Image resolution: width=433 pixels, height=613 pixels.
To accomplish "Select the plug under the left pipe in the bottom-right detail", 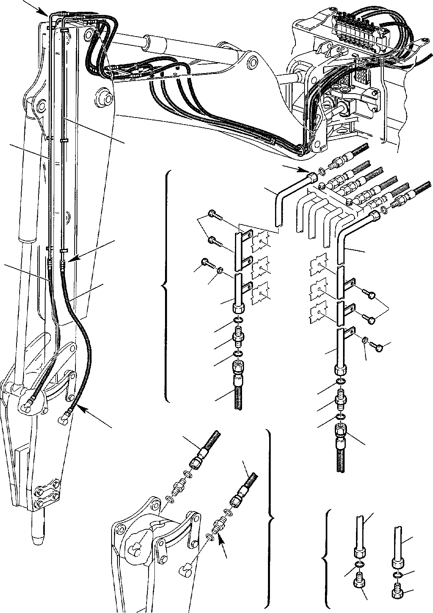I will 358,577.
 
